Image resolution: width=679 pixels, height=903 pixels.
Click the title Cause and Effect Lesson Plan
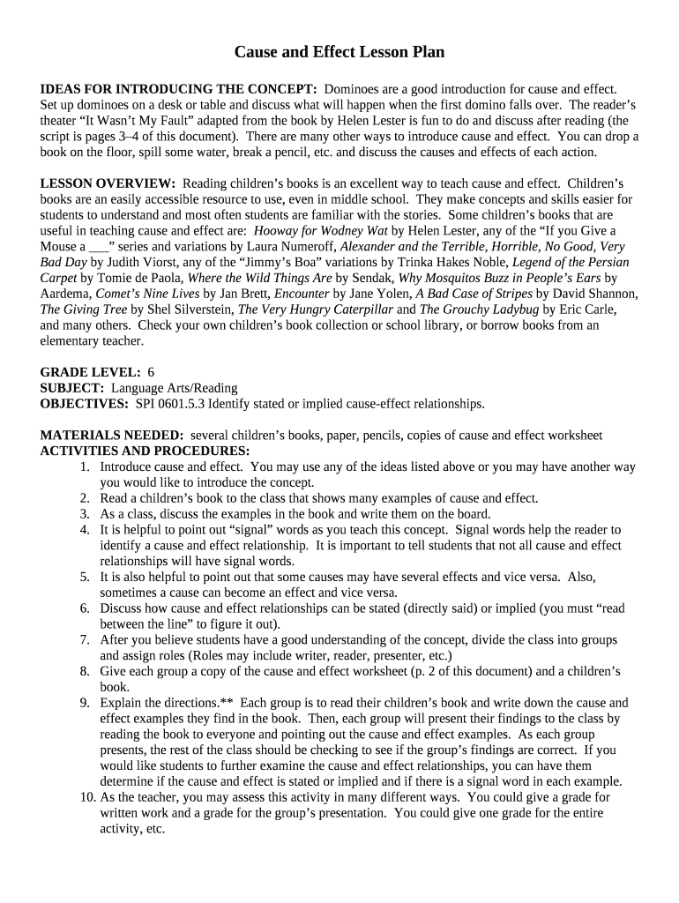pos(339,52)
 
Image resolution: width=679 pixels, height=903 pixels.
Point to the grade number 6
pos(152,372)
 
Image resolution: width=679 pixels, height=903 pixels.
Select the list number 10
pos(84,797)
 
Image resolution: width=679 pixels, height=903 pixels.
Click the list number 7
pos(86,640)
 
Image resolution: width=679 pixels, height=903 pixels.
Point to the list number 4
pos(86,530)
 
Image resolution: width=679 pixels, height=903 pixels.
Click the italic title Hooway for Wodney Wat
pos(321,230)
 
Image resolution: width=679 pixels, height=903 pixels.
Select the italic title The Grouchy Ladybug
pos(479,310)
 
